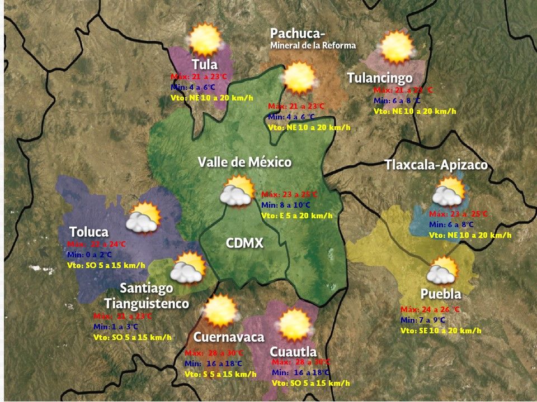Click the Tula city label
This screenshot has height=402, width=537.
204,64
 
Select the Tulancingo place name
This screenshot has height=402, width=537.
379,78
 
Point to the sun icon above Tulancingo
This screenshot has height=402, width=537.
397,47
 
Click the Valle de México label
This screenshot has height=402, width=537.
244,162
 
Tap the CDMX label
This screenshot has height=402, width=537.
244,243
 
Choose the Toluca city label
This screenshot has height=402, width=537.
89,232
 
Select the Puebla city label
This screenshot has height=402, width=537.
441,294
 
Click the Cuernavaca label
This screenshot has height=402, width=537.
229,337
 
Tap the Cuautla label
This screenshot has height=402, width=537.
293,352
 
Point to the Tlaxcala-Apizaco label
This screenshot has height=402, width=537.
436,165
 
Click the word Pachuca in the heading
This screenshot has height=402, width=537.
298,33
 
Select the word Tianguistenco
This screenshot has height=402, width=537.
146,303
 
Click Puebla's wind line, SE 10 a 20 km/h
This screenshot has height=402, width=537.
441,331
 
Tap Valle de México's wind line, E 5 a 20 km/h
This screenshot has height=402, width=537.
296,216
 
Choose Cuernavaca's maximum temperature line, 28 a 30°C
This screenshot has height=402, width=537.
214,353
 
